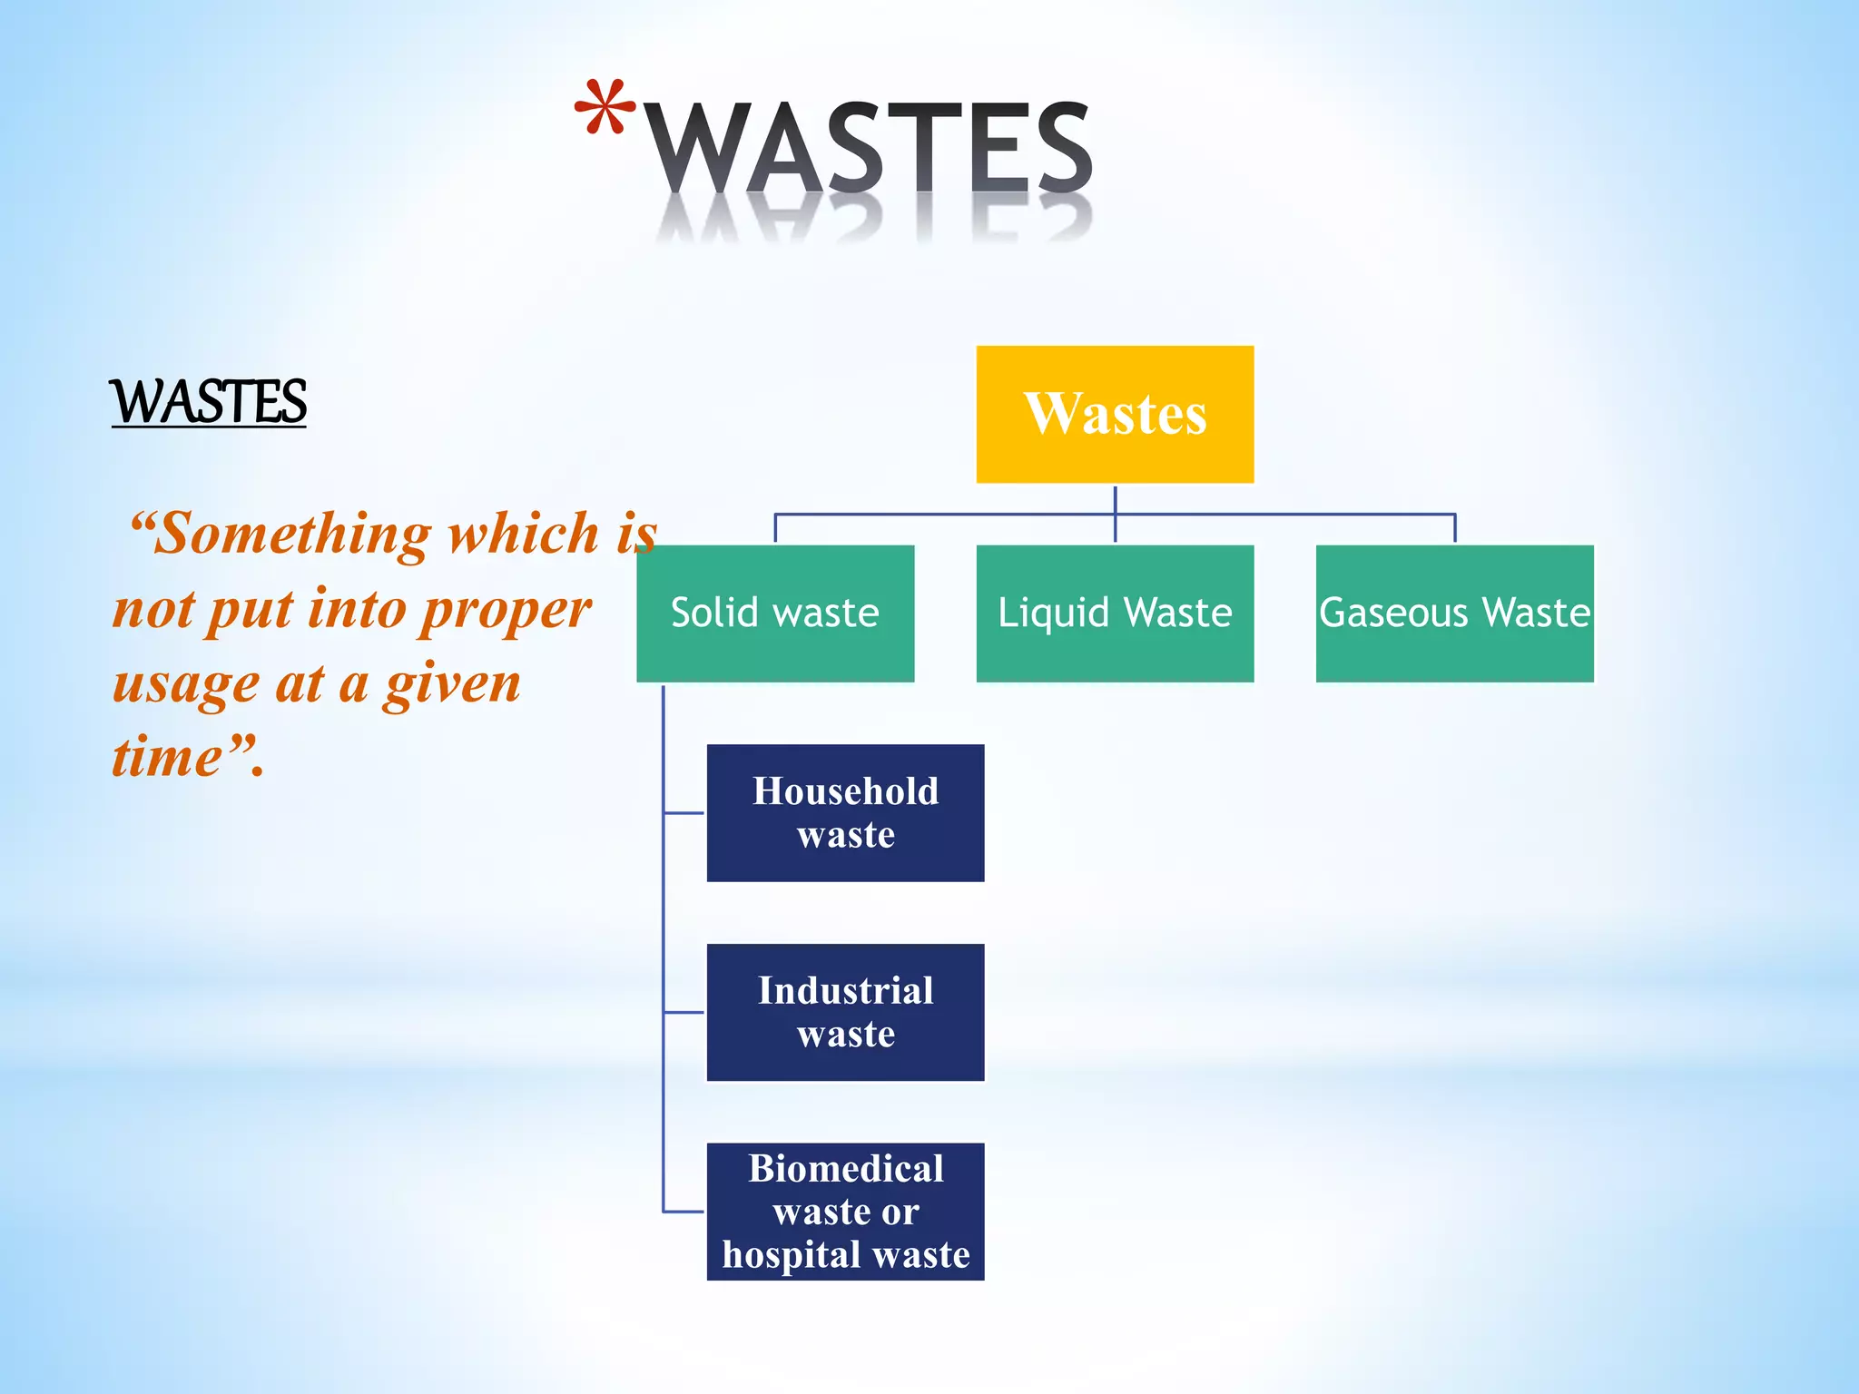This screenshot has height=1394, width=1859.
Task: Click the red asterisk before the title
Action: click(605, 109)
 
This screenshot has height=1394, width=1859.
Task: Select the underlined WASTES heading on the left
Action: click(209, 401)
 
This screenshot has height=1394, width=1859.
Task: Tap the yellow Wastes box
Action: click(1115, 415)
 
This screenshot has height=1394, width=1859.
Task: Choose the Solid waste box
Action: click(775, 614)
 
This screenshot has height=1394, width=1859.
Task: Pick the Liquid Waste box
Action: click(1115, 614)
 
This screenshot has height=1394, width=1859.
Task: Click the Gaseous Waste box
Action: click(1454, 614)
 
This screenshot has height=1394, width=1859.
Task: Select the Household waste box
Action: click(845, 813)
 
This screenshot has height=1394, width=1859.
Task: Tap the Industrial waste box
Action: click(845, 1012)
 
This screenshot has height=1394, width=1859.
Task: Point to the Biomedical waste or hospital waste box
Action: click(845, 1212)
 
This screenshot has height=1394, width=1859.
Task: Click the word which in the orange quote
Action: click(524, 533)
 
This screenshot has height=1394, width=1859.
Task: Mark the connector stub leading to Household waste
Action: click(684, 813)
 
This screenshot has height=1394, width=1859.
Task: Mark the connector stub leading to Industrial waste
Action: click(684, 1012)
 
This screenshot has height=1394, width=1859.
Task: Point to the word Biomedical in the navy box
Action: click(845, 1169)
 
